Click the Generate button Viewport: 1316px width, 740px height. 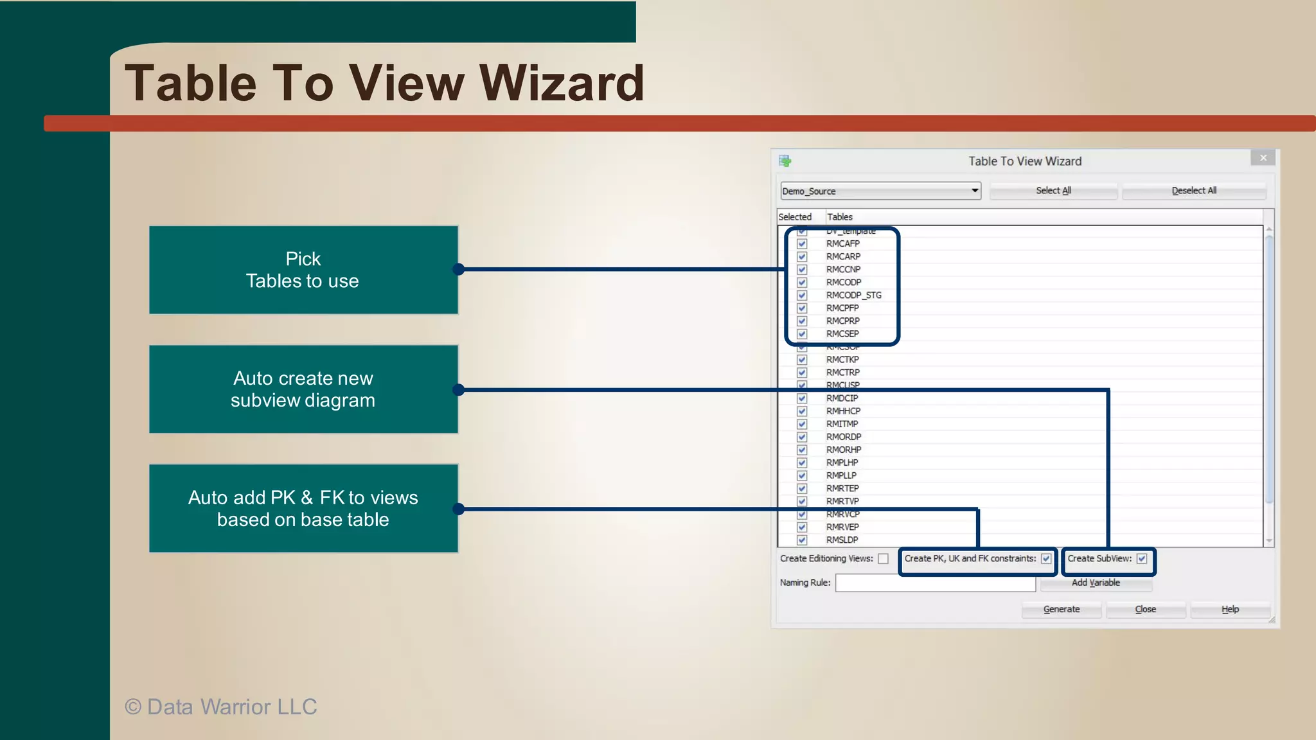tap(1062, 610)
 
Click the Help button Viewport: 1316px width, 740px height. tap(1230, 610)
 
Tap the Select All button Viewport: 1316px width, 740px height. tap(1053, 191)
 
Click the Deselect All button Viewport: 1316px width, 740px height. tap(1194, 191)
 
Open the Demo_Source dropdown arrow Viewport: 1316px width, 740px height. tap(975, 191)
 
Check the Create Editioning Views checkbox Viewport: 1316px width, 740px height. tap(884, 559)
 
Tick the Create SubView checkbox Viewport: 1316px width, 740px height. tap(1142, 559)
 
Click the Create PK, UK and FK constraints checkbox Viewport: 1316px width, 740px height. tap(1046, 559)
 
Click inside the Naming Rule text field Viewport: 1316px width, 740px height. tap(935, 583)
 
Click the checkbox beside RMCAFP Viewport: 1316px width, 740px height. tap(802, 244)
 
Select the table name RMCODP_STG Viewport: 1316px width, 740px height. tap(853, 295)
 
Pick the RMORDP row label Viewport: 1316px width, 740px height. tap(844, 437)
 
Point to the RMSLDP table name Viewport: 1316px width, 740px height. tap(842, 540)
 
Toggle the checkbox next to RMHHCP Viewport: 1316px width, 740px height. tap(802, 411)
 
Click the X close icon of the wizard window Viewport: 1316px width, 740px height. tap(1263, 158)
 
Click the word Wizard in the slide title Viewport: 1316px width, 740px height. tap(562, 84)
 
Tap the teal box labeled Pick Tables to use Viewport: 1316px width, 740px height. tap(303, 270)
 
